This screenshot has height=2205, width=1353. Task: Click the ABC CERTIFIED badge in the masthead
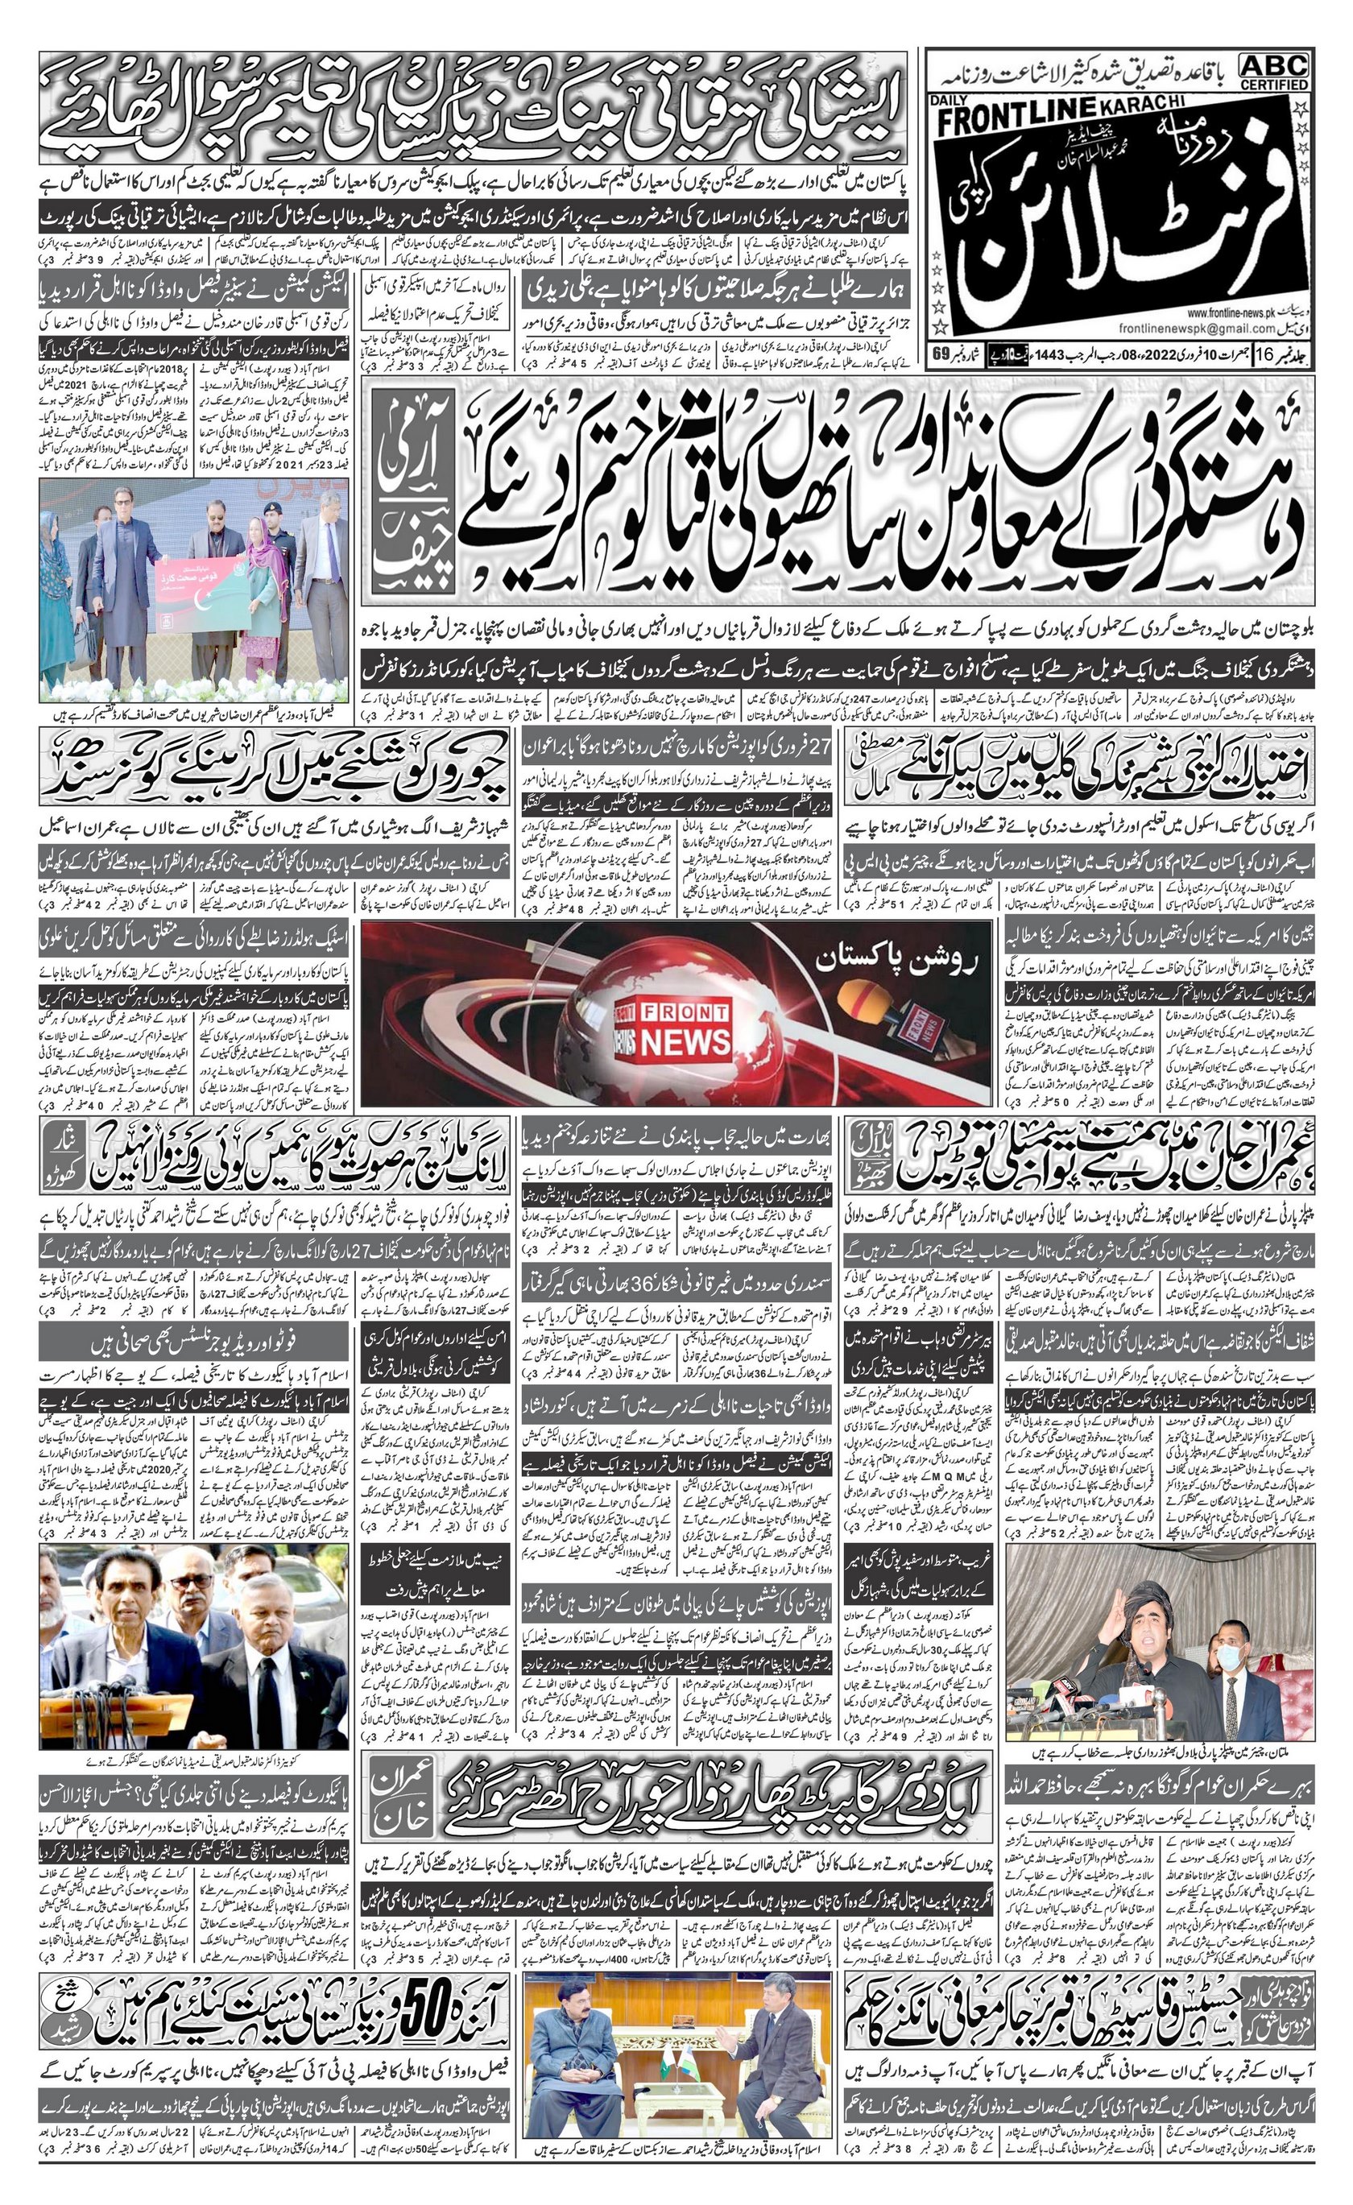pyautogui.click(x=1273, y=72)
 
